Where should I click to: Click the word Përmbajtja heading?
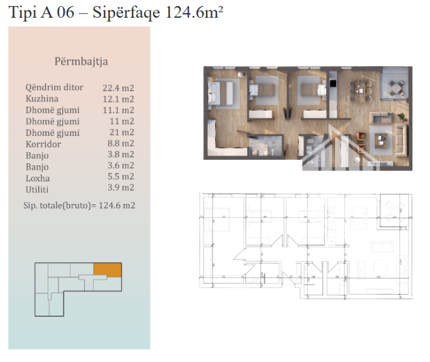point(81,61)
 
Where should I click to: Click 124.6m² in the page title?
point(194,13)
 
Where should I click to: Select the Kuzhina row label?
point(42,98)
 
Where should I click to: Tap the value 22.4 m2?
point(118,88)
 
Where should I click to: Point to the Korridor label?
point(44,144)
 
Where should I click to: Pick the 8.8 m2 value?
point(121,143)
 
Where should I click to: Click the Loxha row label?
point(38,178)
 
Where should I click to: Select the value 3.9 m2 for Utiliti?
point(121,188)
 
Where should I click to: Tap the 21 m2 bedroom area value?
point(122,132)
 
